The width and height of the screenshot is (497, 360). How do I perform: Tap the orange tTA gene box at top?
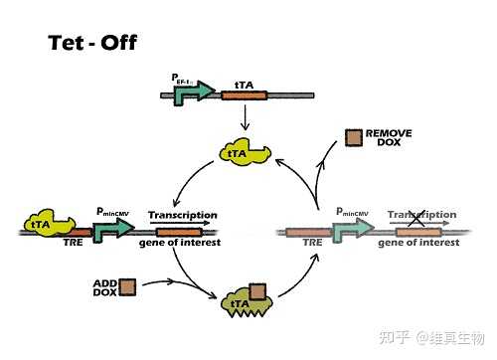pyautogui.click(x=244, y=96)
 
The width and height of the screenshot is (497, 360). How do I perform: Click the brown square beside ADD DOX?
pyautogui.click(x=127, y=286)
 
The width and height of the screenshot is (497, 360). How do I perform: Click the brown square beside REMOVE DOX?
pyautogui.click(x=354, y=138)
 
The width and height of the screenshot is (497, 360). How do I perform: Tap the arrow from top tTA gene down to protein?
pyautogui.click(x=244, y=118)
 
